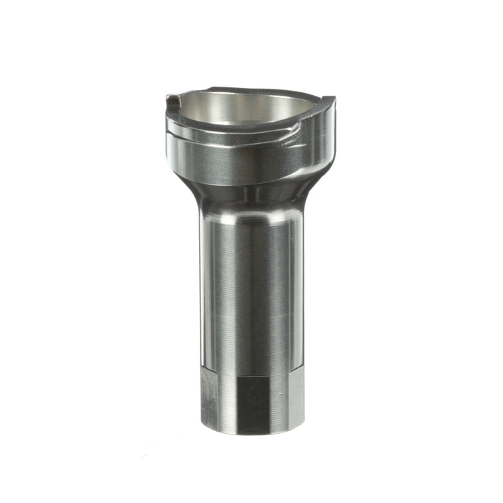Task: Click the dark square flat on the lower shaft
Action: click(253, 404)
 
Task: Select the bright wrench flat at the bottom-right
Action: click(295, 400)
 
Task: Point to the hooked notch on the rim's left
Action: click(173, 104)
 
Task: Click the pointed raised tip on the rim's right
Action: click(330, 102)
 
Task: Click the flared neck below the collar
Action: click(251, 189)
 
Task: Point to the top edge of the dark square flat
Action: click(253, 377)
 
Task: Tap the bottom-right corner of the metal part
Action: click(303, 428)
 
